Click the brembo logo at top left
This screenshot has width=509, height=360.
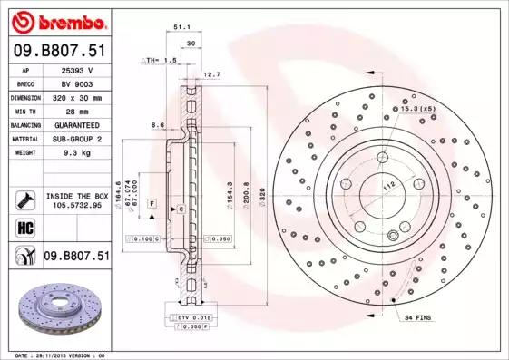(x=56, y=21)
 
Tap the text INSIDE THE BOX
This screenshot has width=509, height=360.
(x=77, y=195)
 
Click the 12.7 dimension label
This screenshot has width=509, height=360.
(x=211, y=74)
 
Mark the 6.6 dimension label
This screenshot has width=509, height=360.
(x=157, y=124)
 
